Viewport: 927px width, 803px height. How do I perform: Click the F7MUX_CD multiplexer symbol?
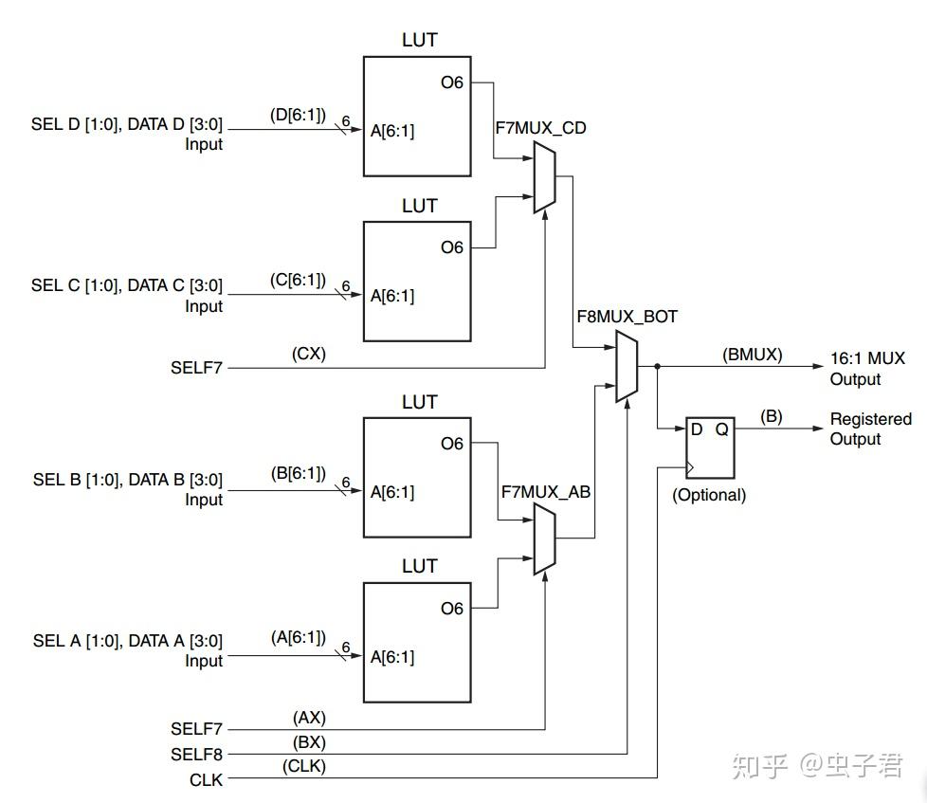[x=544, y=176]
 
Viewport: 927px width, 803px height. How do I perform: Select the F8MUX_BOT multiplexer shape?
[x=627, y=366]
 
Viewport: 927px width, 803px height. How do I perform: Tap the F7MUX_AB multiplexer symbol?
[x=544, y=538]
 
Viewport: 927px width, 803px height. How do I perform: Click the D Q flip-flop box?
[x=710, y=447]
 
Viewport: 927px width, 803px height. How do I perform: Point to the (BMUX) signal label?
[x=752, y=355]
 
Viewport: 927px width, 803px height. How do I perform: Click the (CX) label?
[x=309, y=354]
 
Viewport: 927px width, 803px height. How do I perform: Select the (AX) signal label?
[x=309, y=718]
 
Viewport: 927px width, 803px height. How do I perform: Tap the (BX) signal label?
[x=309, y=742]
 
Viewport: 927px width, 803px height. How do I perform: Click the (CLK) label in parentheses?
[x=304, y=766]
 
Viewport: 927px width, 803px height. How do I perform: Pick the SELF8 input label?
[x=196, y=755]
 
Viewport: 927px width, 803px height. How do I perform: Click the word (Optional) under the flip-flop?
[x=709, y=495]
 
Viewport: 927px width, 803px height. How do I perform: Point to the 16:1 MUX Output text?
[x=867, y=369]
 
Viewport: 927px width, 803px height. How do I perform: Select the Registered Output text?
[x=871, y=429]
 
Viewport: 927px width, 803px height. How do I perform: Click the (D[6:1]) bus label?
[x=298, y=115]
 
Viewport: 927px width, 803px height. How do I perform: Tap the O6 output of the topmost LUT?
[x=452, y=82]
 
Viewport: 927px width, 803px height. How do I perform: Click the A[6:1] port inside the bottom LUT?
[x=392, y=657]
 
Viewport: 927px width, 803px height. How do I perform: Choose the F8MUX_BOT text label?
[x=627, y=317]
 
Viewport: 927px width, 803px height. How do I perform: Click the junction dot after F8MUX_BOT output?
[x=658, y=367]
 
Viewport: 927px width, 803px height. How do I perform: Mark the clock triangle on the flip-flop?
[x=690, y=468]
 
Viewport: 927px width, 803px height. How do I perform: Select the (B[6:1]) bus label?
[x=299, y=474]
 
